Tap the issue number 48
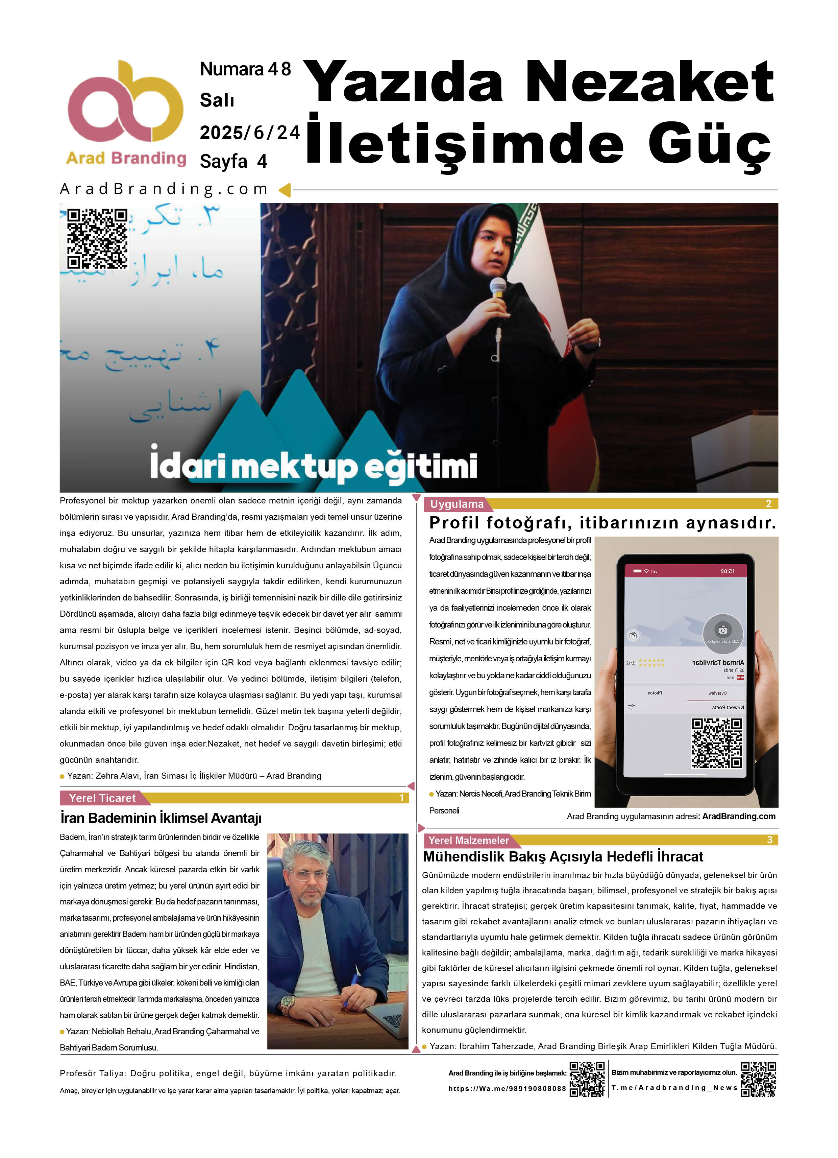pyautogui.click(x=279, y=69)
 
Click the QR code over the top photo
pyautogui.click(x=97, y=238)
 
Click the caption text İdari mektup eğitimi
pyautogui.click(x=313, y=465)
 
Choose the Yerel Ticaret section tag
pyautogui.click(x=102, y=798)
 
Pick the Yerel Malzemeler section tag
pyautogui.click(x=469, y=840)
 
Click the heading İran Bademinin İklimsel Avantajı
pyautogui.click(x=161, y=818)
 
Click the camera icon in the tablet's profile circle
pyautogui.click(x=723, y=630)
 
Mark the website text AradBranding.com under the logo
pyautogui.click(x=164, y=189)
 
